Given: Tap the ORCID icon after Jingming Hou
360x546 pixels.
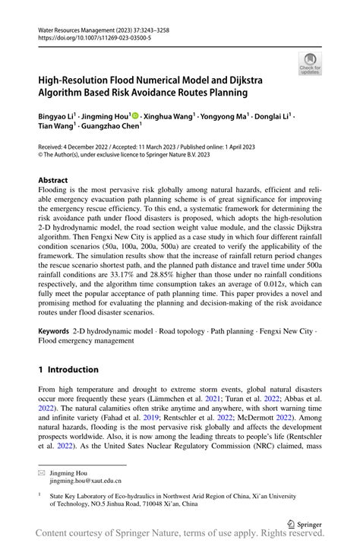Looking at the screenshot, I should [x=134, y=116].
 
